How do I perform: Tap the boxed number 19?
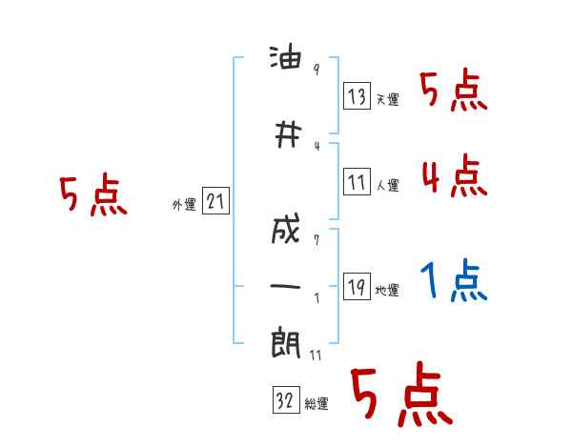(357, 287)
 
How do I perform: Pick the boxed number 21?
(215, 202)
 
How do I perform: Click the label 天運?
(387, 99)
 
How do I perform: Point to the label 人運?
(387, 185)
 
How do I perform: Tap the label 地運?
(387, 291)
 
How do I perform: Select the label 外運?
(183, 205)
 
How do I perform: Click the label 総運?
(317, 404)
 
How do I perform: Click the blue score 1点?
(454, 281)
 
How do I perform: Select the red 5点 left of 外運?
(92, 195)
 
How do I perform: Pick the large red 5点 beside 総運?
(401, 397)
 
